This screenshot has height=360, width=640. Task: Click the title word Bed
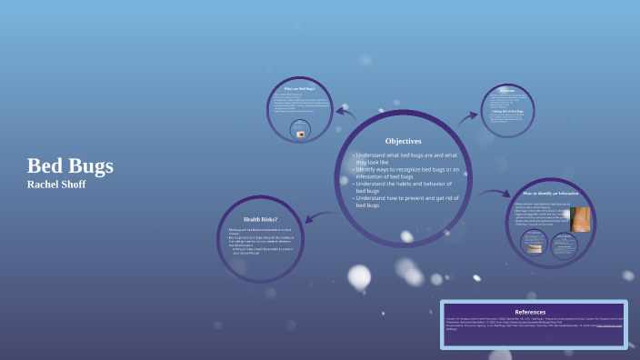pos(43,166)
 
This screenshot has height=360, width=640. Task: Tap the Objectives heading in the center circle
pos(403,141)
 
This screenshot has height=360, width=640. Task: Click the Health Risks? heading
pos(260,219)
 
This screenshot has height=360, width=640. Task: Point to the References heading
pos(530,312)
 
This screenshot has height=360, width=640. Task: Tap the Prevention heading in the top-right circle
pos(507,91)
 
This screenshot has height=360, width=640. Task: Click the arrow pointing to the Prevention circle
pos(468,116)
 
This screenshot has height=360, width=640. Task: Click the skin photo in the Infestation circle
pos(579,219)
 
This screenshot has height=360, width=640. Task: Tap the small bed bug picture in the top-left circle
pos(301,133)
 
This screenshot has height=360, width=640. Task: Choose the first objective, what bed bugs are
pos(405,158)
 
